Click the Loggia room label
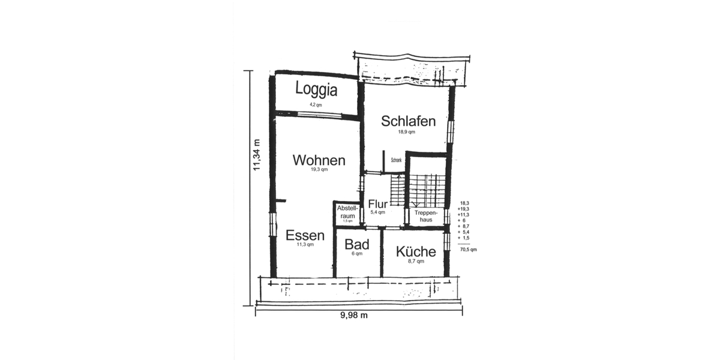(x=316, y=90)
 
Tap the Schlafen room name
(x=408, y=121)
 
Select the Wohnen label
(x=319, y=161)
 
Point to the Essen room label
(x=305, y=235)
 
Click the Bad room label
(x=356, y=245)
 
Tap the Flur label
(x=378, y=203)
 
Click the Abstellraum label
(x=348, y=212)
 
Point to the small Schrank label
(x=396, y=160)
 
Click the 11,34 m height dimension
(x=257, y=155)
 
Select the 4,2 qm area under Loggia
(x=316, y=104)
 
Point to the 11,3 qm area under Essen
(x=305, y=245)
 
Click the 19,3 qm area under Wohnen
(x=319, y=170)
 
